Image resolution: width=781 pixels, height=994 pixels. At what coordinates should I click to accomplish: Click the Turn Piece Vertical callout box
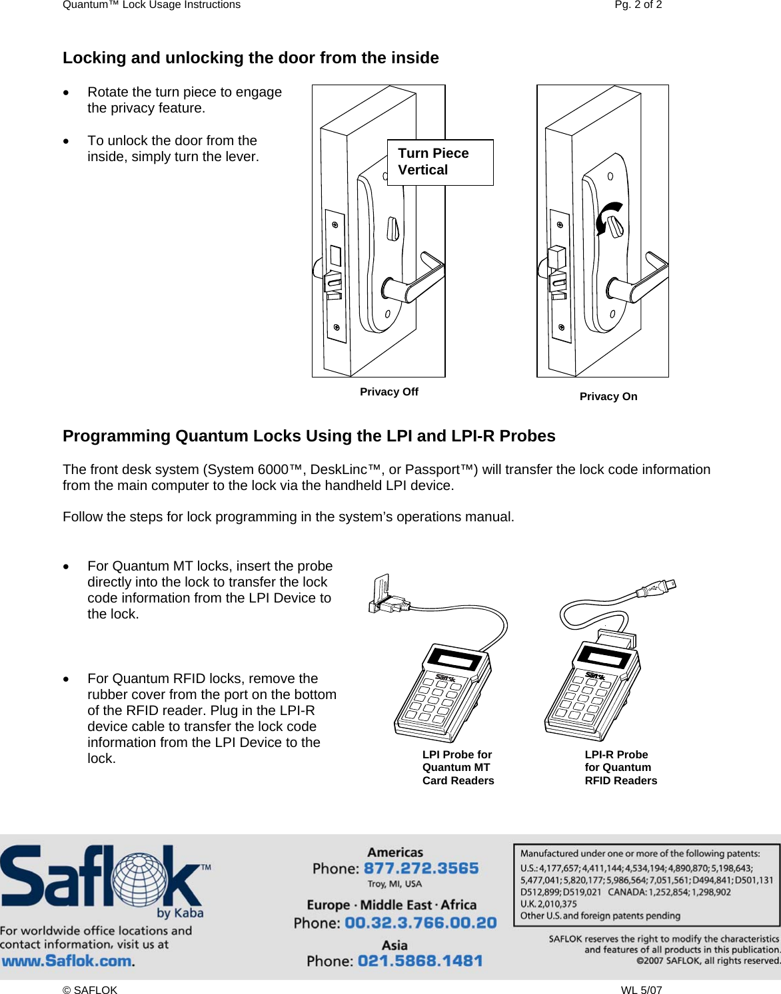click(x=440, y=162)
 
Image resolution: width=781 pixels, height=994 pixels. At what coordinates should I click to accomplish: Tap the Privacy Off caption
click(x=389, y=391)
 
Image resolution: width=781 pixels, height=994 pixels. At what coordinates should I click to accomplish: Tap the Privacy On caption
click(x=608, y=396)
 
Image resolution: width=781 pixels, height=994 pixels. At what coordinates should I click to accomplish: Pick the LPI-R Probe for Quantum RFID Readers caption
click(x=620, y=767)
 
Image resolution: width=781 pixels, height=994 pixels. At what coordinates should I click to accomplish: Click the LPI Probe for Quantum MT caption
click(x=458, y=767)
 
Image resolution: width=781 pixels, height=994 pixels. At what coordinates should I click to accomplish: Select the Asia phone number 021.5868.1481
click(x=420, y=961)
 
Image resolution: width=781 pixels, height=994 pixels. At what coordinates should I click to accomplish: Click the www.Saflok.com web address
click(x=67, y=961)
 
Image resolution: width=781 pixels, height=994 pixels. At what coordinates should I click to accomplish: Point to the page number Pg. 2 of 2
click(x=638, y=5)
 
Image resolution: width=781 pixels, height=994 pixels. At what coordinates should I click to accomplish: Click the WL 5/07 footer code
click(x=641, y=989)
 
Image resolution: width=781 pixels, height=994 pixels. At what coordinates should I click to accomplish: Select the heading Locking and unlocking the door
click(x=251, y=58)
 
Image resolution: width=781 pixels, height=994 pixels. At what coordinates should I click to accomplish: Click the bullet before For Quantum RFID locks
click(x=67, y=679)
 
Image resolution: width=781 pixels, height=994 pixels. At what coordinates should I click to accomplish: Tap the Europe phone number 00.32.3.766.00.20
click(x=420, y=923)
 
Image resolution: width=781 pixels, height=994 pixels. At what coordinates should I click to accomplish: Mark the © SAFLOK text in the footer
click(x=90, y=989)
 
